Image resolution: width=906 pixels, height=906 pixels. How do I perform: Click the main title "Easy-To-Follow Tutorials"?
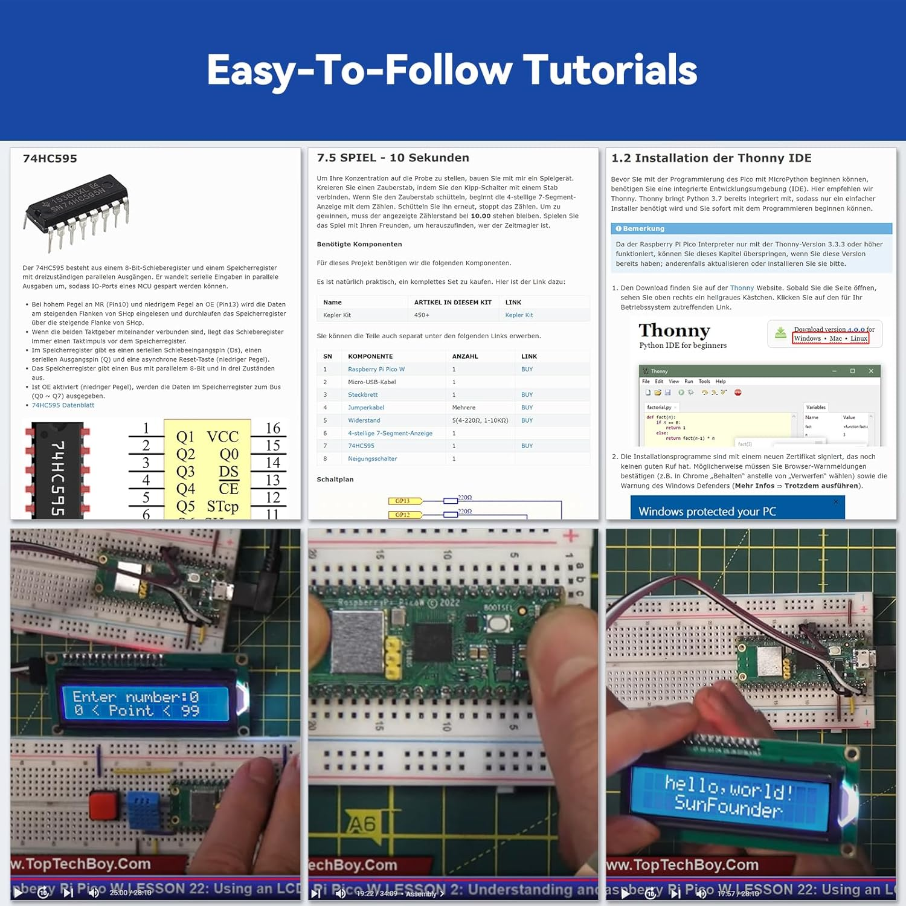click(x=452, y=70)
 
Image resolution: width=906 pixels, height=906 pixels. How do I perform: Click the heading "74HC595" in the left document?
click(x=50, y=159)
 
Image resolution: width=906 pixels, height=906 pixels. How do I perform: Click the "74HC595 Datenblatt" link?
click(x=63, y=405)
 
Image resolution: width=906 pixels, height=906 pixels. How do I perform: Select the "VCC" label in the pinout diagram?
click(x=222, y=437)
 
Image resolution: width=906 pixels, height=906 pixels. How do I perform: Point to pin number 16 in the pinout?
click(x=273, y=428)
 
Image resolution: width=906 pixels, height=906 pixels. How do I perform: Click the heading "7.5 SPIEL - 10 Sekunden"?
click(x=393, y=158)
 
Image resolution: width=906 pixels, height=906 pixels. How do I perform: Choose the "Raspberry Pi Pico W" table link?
click(x=376, y=369)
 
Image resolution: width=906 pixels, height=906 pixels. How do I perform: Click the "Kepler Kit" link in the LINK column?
click(x=519, y=315)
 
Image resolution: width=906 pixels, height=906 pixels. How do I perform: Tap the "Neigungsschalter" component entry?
click(x=372, y=459)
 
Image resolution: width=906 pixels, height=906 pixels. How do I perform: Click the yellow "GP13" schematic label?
click(x=403, y=501)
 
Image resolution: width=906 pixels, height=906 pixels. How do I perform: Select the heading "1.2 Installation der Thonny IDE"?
click(x=711, y=158)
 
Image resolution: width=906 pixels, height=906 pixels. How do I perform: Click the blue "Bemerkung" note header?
click(x=643, y=229)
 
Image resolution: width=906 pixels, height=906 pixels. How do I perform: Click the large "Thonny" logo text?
click(x=674, y=330)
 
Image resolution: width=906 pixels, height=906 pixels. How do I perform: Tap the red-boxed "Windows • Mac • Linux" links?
click(x=830, y=339)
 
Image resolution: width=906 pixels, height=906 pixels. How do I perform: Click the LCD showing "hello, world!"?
click(x=730, y=794)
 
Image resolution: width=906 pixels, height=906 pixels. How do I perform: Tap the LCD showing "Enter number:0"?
click(x=145, y=704)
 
